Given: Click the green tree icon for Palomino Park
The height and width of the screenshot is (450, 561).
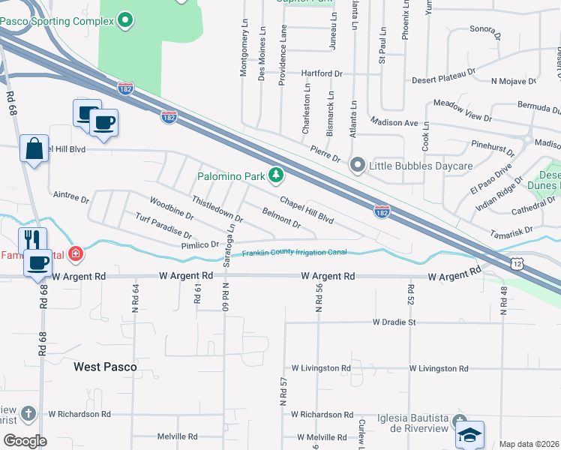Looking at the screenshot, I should [277, 176].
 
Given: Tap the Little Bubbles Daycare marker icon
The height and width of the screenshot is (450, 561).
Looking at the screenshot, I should [358, 165].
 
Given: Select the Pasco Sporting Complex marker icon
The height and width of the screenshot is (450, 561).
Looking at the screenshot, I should [125, 20].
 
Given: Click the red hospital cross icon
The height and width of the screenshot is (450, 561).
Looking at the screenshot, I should [74, 253].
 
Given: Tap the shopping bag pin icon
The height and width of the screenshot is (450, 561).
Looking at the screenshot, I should [34, 148].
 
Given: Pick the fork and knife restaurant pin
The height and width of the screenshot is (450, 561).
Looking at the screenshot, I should [32, 239].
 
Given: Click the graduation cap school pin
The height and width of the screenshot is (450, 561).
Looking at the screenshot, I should [469, 434].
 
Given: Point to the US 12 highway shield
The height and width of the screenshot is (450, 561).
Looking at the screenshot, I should [517, 263].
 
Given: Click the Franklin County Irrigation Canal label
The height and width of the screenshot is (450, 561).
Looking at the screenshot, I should [294, 253].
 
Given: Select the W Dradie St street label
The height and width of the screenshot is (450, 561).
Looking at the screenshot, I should [394, 322].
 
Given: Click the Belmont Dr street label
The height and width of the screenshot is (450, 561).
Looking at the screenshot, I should [281, 218].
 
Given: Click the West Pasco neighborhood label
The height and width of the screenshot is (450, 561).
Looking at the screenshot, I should [105, 367].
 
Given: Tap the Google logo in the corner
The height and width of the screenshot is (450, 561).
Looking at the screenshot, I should [24, 441].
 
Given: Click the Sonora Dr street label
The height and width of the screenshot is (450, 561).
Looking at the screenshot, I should [484, 31].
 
